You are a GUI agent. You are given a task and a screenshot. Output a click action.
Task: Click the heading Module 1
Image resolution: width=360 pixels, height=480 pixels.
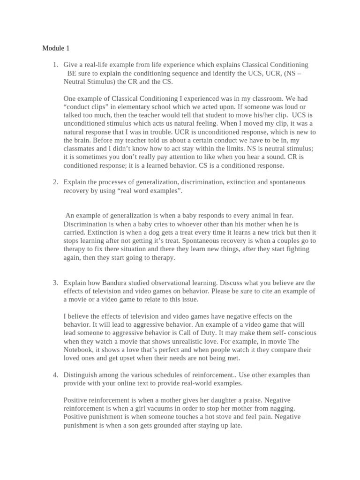(56, 48)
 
